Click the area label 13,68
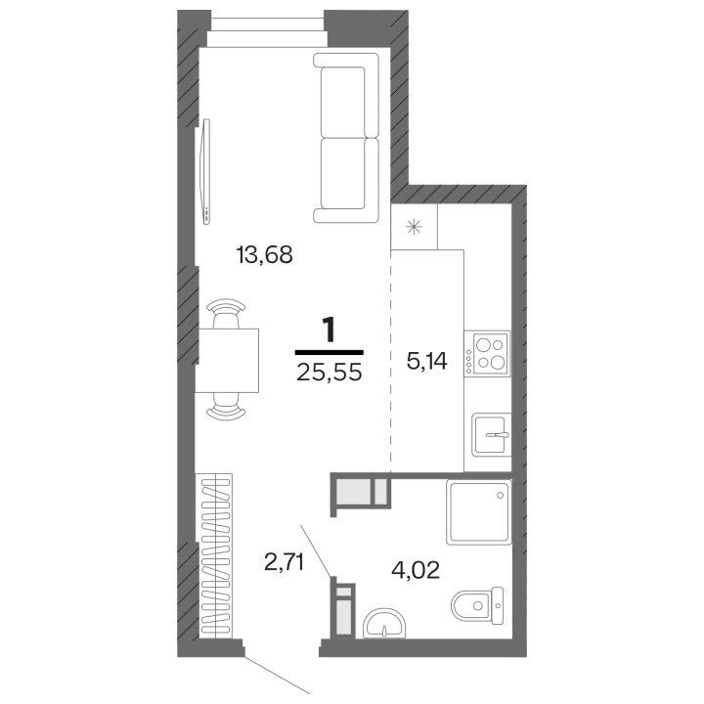(264, 254)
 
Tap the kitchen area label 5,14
(426, 361)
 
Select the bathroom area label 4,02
(416, 570)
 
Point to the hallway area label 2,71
(285, 562)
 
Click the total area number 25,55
(330, 373)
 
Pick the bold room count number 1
(330, 330)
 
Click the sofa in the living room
(346, 138)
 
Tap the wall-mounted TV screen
(206, 172)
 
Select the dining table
(227, 361)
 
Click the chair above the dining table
(226, 313)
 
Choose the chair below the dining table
(226, 407)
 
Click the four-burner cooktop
(487, 353)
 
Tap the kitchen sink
(491, 435)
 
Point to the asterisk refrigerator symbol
(414, 227)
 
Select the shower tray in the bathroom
(479, 512)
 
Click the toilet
(477, 605)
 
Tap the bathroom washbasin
(384, 623)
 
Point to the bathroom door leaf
(317, 550)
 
